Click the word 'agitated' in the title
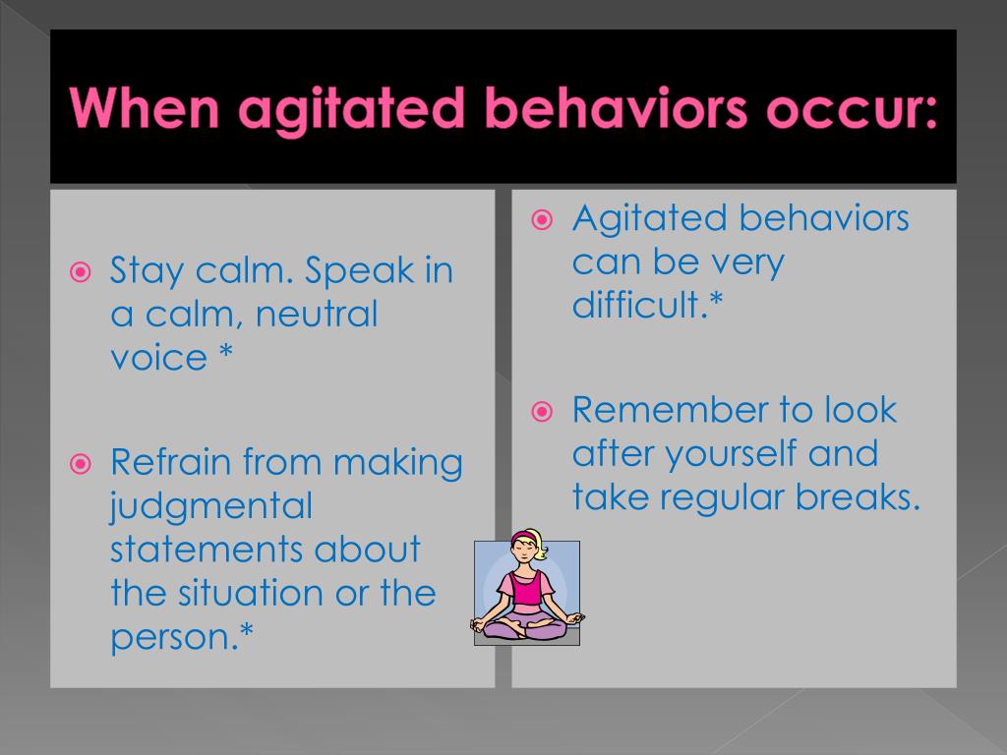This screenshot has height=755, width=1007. pyautogui.click(x=351, y=110)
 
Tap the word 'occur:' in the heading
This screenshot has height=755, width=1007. pyautogui.click(x=852, y=109)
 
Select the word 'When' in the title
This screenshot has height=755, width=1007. pyautogui.click(x=145, y=107)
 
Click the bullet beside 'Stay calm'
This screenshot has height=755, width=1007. pyautogui.click(x=81, y=272)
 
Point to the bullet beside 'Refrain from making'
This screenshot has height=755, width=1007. pyautogui.click(x=81, y=464)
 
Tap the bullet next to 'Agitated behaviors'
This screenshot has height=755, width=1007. pyautogui.click(x=542, y=220)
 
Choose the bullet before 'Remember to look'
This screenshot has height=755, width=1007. pyautogui.click(x=542, y=411)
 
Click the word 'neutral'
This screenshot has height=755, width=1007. pyautogui.click(x=317, y=314)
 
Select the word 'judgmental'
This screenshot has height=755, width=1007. pyautogui.click(x=211, y=507)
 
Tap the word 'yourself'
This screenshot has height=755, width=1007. pyautogui.click(x=731, y=454)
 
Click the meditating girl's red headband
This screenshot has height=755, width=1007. pyautogui.click(x=525, y=536)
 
